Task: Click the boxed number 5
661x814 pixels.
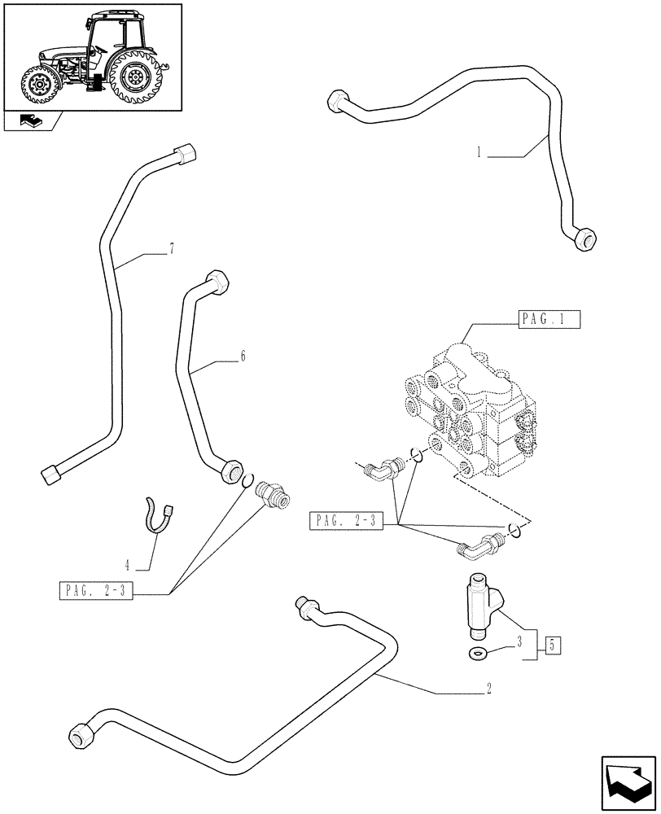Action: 552,647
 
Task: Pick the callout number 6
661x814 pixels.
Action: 243,357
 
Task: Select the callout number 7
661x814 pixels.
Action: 172,250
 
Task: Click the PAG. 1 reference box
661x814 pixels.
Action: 549,320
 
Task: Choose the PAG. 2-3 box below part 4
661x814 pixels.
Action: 96,591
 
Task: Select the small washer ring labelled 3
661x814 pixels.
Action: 479,652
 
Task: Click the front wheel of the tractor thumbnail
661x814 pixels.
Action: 39,85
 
